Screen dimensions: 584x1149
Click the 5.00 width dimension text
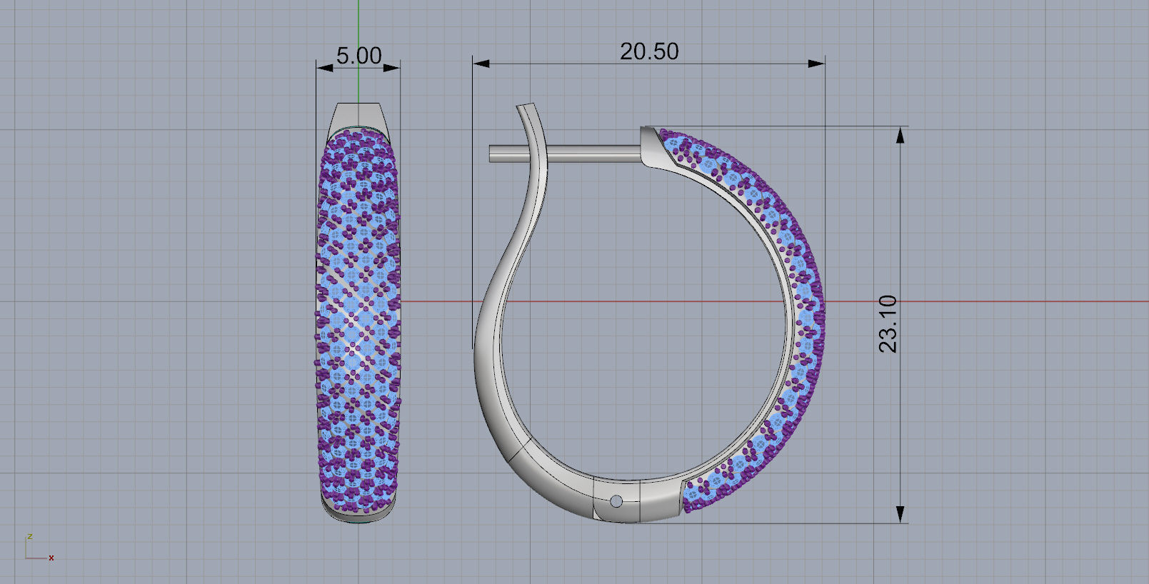358,56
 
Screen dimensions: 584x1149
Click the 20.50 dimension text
648,51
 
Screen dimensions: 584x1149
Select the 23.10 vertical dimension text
888,323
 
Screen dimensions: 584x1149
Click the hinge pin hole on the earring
616,502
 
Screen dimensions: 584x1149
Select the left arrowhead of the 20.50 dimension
481,64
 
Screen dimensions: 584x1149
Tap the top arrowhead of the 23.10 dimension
900,135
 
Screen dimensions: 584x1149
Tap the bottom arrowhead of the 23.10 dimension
900,514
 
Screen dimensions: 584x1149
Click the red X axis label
51,558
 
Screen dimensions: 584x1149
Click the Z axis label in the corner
30,536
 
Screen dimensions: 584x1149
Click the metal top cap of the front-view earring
358,114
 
